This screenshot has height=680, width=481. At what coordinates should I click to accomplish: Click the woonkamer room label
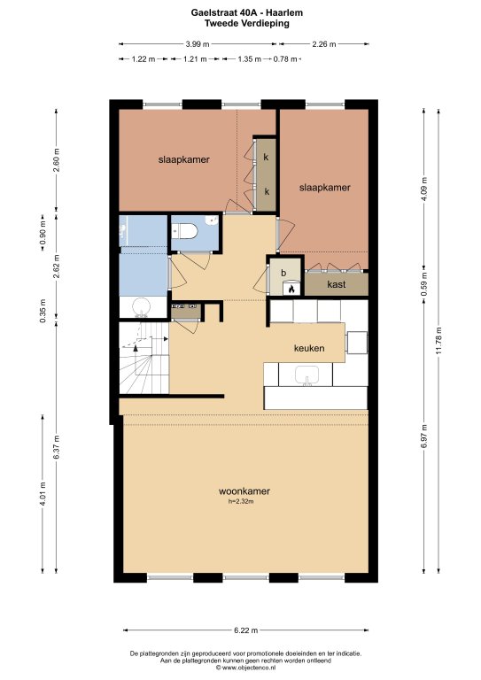coord(244,491)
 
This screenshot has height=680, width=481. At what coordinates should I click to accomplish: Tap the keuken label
coord(309,348)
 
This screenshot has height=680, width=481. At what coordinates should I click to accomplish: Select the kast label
coord(337,284)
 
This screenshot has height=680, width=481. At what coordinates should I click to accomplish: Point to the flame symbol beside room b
coord(291,289)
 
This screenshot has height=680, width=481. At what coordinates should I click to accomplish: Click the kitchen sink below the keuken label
coord(307,375)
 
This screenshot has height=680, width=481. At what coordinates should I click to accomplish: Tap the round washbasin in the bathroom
coord(141,306)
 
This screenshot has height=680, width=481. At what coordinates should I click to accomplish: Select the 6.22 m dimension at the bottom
coord(246,630)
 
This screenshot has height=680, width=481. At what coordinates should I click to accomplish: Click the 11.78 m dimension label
coord(439,341)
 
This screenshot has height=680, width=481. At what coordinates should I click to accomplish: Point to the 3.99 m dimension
coord(198,43)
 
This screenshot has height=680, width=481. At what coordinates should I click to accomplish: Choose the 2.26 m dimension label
coord(324,43)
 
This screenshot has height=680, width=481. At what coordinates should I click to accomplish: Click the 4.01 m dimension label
coord(43,494)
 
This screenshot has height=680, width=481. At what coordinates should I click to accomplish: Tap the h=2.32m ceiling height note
coord(241,501)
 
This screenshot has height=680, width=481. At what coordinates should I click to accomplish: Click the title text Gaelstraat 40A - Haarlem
coord(247,13)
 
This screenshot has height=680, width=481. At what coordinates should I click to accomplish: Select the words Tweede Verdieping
coord(247,23)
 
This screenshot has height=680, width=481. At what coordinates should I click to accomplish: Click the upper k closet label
coord(266,157)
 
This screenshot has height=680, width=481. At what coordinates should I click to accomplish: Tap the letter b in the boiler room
coord(283,273)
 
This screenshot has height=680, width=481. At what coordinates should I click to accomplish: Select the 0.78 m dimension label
coord(285,58)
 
